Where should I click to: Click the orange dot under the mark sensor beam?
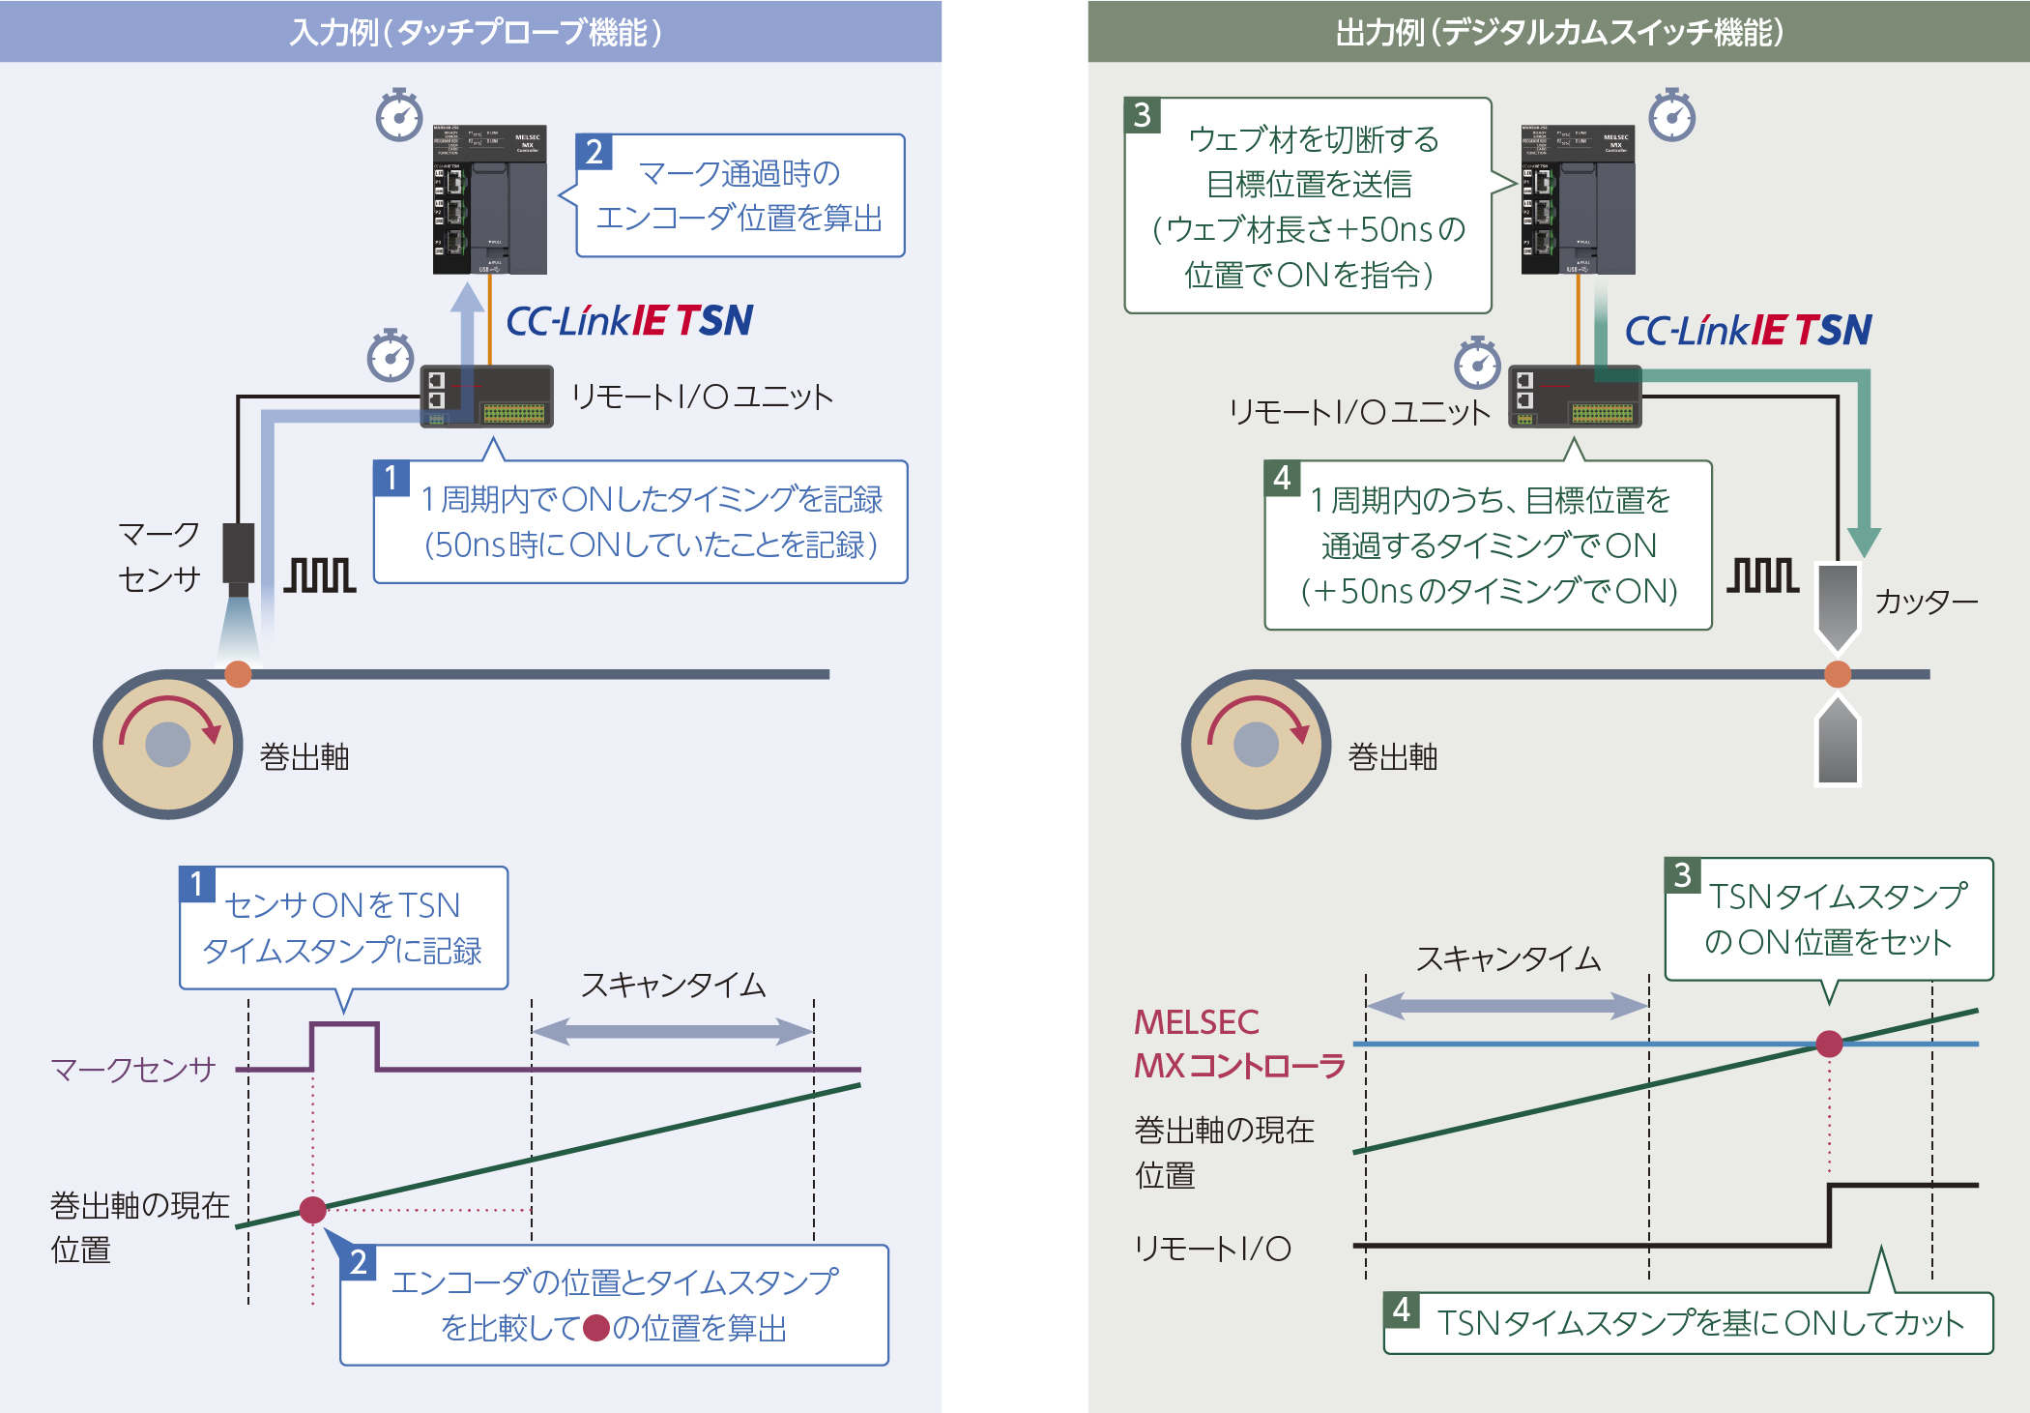pos(238,674)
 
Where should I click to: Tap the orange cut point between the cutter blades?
pos(1838,674)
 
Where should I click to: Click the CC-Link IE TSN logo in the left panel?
pos(629,321)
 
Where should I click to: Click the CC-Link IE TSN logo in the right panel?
pos(1748,331)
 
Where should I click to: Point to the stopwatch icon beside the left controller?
pos(399,116)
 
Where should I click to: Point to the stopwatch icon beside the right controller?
pos(1672,116)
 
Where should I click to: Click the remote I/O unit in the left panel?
pos(487,397)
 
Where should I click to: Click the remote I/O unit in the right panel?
pos(1576,397)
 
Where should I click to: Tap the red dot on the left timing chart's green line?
pos(312,1209)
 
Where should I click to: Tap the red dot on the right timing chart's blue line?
pos(1829,1044)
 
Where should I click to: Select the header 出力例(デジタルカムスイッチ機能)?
pos(1558,32)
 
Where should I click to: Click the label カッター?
pos(1926,603)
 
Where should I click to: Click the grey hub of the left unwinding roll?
pos(168,745)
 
